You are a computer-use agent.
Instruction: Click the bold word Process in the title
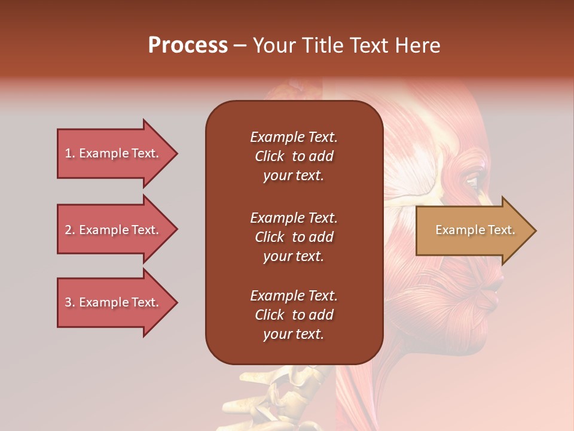click(188, 45)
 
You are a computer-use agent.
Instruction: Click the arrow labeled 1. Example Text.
click(114, 153)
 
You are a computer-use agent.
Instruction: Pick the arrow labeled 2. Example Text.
click(114, 230)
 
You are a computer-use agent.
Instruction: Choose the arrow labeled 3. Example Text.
click(114, 302)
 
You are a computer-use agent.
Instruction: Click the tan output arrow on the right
click(472, 230)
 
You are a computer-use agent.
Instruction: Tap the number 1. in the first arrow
click(70, 153)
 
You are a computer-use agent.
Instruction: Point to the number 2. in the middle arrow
click(70, 230)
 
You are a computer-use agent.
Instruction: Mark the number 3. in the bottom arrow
click(70, 302)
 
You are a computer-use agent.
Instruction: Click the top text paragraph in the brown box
click(294, 156)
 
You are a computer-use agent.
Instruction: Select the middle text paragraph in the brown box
click(294, 237)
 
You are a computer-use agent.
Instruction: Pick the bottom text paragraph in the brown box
click(294, 315)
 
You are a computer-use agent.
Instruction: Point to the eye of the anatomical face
click(473, 180)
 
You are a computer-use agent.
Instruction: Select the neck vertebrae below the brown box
click(287, 395)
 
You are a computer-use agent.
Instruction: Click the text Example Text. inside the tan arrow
click(475, 230)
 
